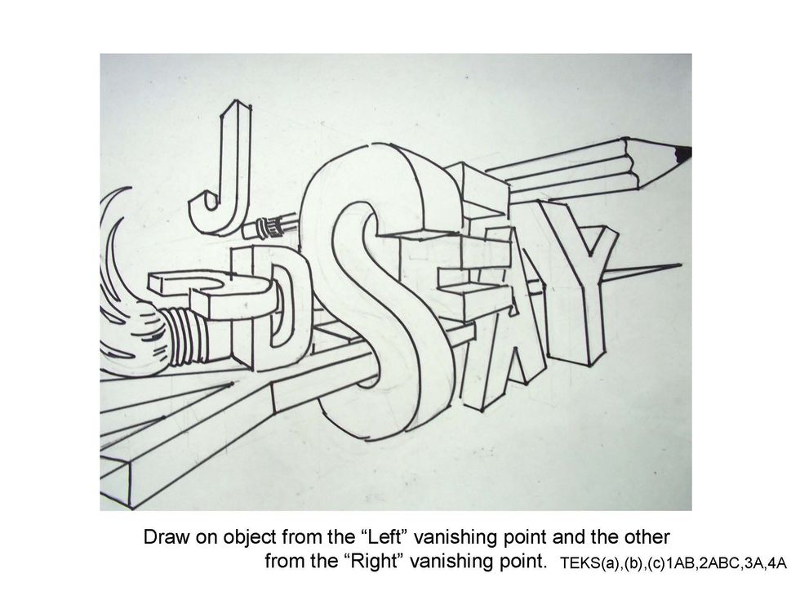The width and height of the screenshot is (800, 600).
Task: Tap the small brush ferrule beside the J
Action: click(269, 227)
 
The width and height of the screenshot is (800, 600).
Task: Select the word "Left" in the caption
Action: click(387, 537)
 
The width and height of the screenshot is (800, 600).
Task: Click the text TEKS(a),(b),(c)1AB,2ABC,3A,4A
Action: click(673, 562)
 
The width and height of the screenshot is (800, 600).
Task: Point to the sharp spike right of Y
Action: click(643, 271)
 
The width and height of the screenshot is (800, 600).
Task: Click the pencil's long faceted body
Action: click(562, 168)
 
